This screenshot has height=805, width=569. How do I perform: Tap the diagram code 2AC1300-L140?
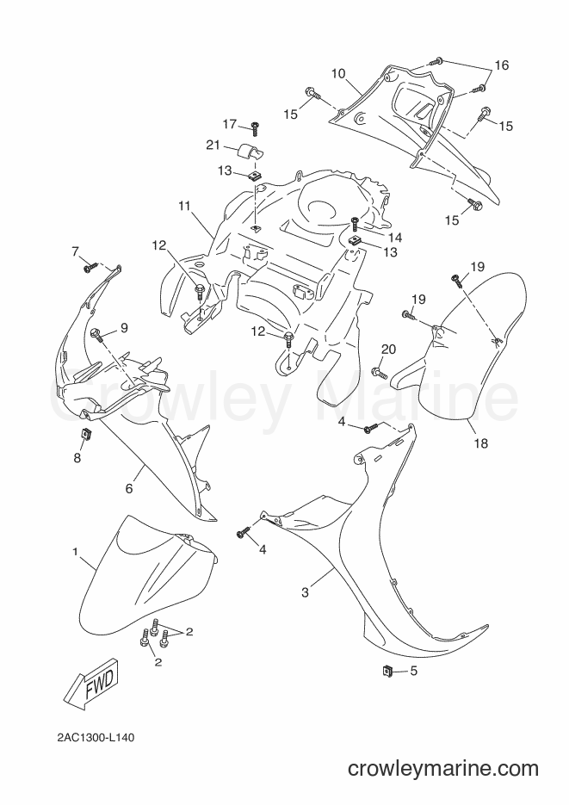[x=96, y=738]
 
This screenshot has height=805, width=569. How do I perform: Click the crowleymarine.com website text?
[x=442, y=768]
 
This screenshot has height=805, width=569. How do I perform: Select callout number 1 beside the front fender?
[x=75, y=552]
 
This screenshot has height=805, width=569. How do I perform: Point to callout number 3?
[x=305, y=592]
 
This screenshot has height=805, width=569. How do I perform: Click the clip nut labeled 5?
[x=387, y=670]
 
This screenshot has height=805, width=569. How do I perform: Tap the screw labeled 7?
[x=90, y=266]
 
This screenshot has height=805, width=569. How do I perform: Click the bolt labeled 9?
[x=96, y=335]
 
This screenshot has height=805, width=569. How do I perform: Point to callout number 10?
[x=338, y=73]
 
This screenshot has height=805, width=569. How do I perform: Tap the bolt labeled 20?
[x=378, y=371]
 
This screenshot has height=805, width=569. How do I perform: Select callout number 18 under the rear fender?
[x=480, y=443]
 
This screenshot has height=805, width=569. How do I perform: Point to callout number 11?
[x=184, y=207]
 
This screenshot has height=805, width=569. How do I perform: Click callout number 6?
[x=129, y=488]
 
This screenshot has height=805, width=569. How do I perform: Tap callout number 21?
[x=213, y=146]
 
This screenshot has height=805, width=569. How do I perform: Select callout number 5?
[x=413, y=671]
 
